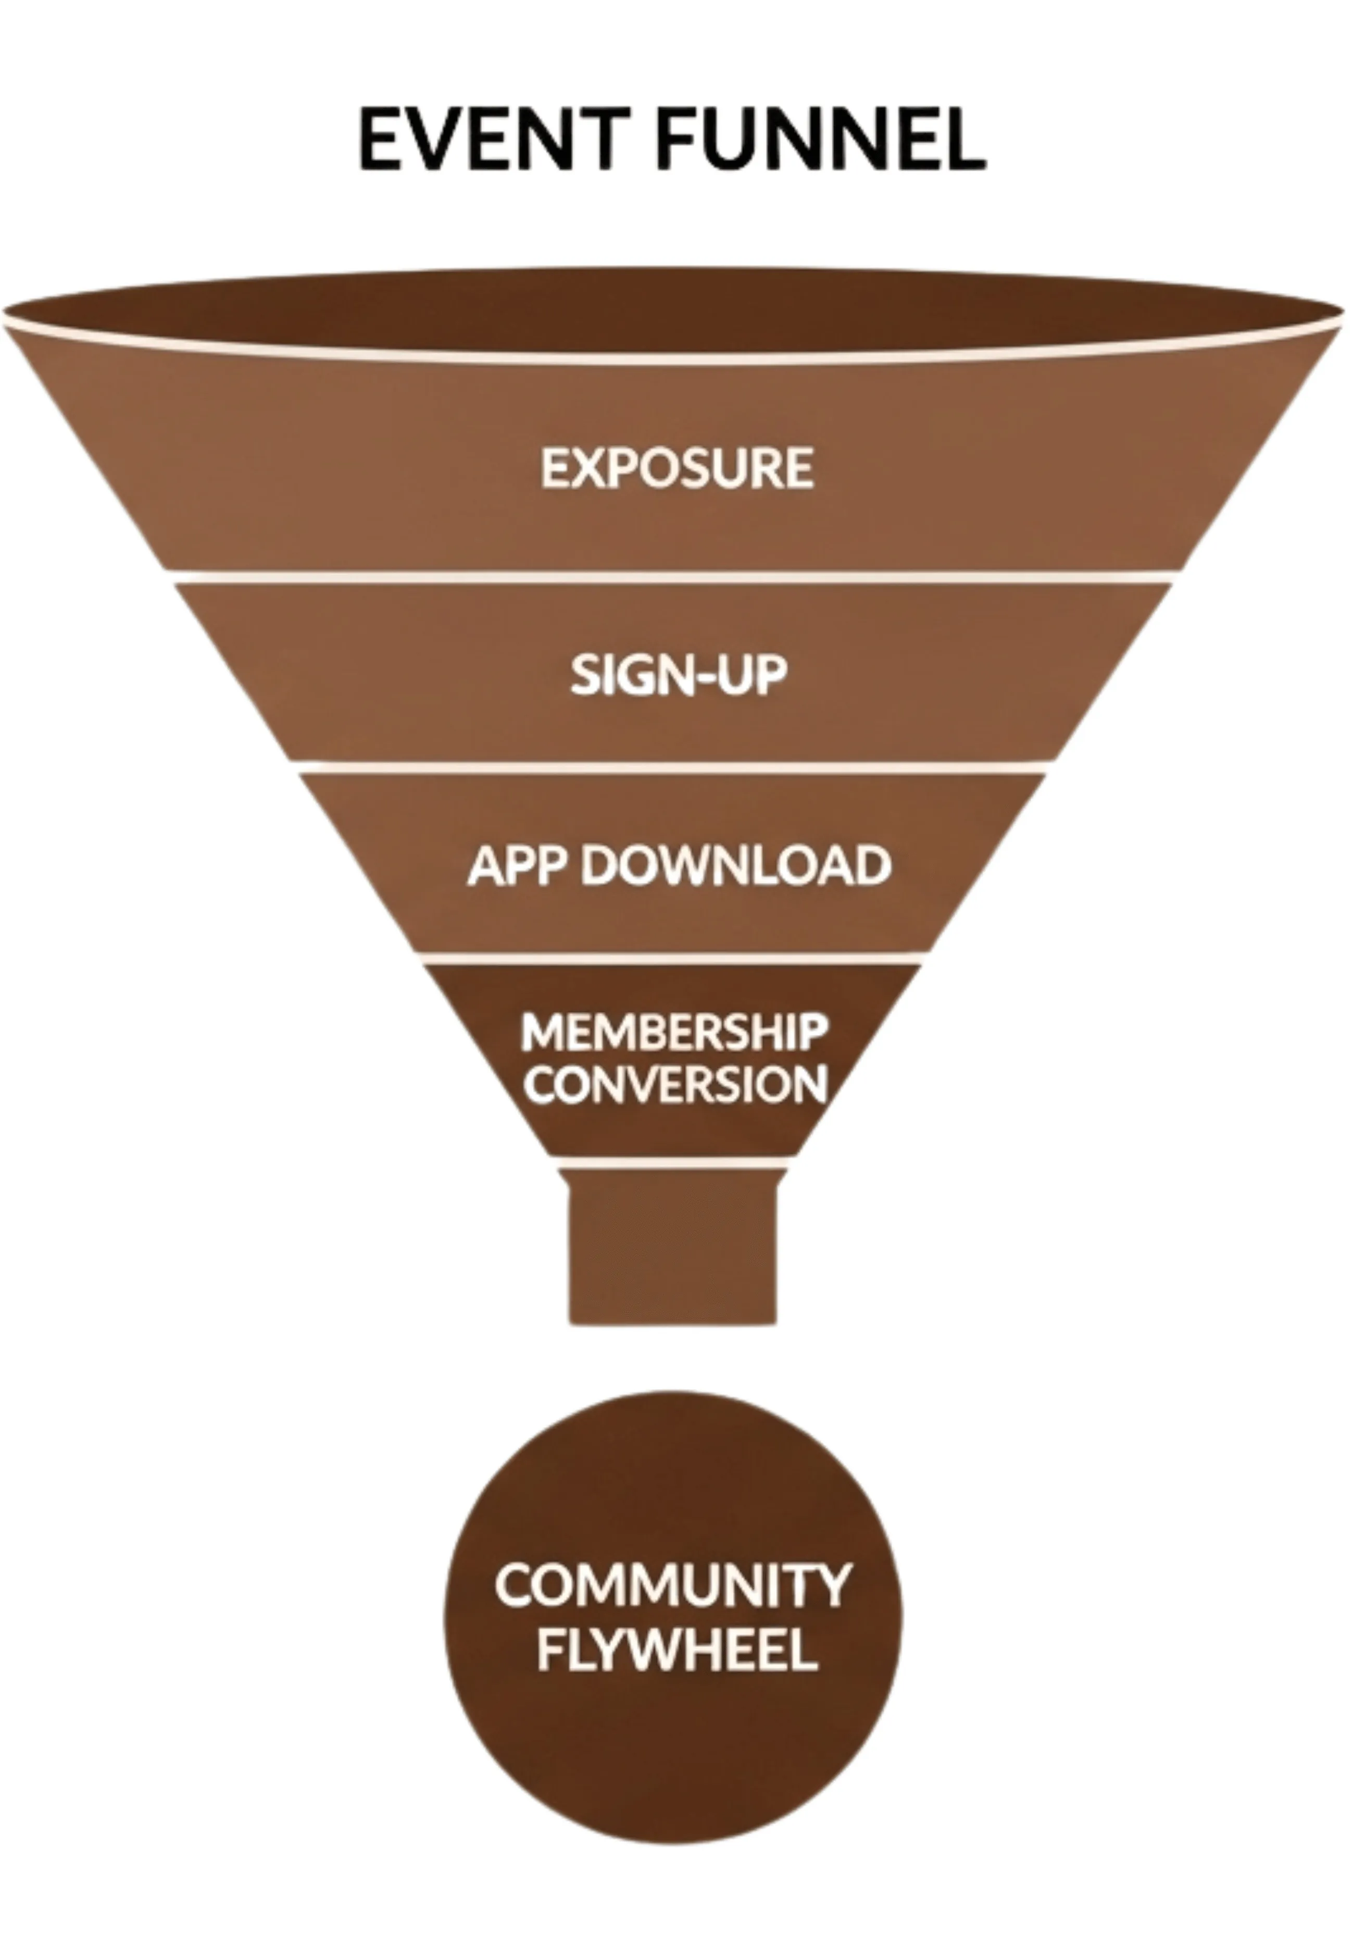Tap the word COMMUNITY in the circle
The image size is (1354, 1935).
[672, 1585]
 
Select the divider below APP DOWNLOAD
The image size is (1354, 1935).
[671, 959]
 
